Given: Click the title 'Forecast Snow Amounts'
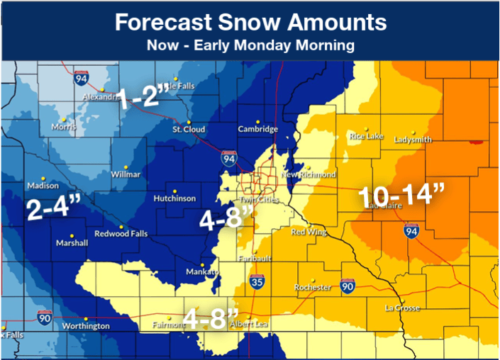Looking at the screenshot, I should [250, 22].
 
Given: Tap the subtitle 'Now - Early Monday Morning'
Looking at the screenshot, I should [250, 45].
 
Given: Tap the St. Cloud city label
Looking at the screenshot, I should [189, 130].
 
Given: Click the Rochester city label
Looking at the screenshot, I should [313, 287].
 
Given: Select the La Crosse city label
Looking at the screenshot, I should [402, 308].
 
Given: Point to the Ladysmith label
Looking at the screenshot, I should [412, 140].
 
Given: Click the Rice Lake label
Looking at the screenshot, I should [366, 136].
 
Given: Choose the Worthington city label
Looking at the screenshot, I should [85, 326].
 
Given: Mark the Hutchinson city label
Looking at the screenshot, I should [174, 199].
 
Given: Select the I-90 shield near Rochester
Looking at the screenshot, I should [345, 283].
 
